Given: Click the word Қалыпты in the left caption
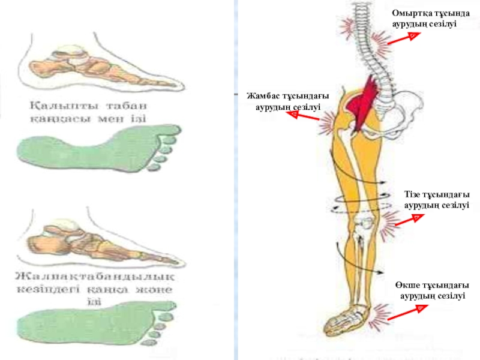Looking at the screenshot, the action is [x=54, y=104].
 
